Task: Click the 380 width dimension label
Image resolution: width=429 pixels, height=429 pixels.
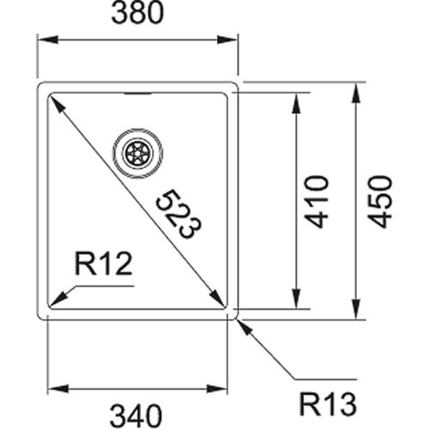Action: (x=137, y=13)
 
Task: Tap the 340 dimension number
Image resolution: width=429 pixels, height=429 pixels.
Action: (x=136, y=415)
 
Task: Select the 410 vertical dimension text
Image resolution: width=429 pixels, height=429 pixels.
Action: (x=317, y=202)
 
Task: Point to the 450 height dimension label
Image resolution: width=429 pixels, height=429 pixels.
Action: (x=380, y=202)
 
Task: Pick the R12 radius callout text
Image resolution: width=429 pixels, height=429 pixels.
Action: (x=104, y=263)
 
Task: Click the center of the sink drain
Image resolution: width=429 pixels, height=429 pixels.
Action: (x=138, y=153)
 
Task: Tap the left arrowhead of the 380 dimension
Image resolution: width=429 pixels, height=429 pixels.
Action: (x=47, y=39)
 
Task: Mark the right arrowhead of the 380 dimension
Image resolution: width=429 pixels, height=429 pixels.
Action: (x=227, y=39)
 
